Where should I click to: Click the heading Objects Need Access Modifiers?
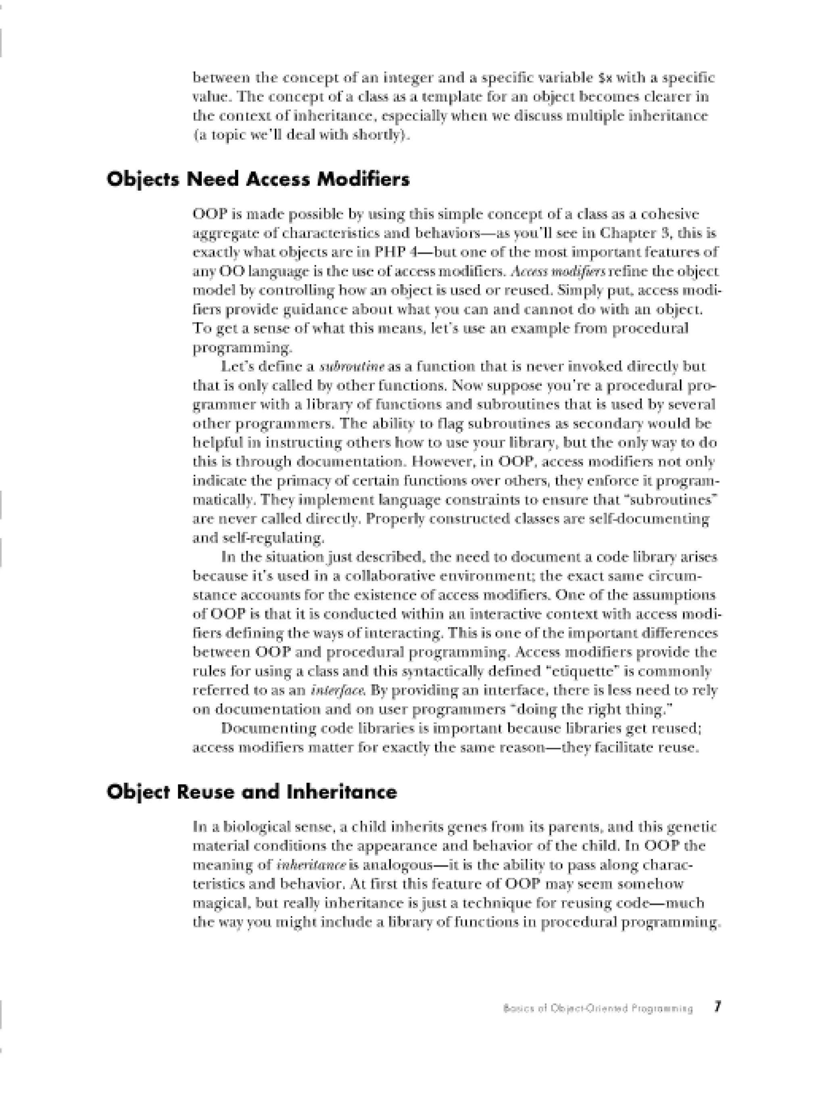coord(258,179)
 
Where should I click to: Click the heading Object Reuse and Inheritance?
coord(252,792)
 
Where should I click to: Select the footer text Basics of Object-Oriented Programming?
coord(598,1008)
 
